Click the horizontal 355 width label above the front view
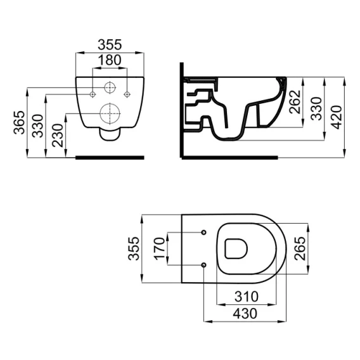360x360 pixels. click(x=110, y=44)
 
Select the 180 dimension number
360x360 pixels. click(x=110, y=60)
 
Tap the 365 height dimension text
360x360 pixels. click(x=19, y=122)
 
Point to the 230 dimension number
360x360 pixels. click(x=58, y=135)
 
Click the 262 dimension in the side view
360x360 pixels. click(x=295, y=101)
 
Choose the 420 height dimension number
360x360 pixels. click(x=337, y=117)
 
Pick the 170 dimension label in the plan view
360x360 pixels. click(x=159, y=248)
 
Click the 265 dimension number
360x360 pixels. click(x=300, y=248)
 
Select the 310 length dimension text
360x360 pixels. click(x=247, y=297)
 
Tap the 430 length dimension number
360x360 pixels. click(x=245, y=314)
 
